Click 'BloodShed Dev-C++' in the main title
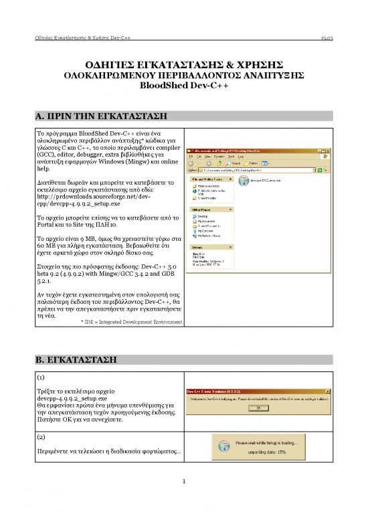(183, 86)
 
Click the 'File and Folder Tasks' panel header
(205, 179)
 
